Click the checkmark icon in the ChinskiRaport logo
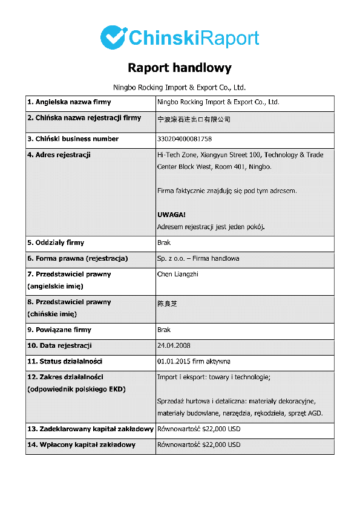[113, 37]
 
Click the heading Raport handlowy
[180, 68]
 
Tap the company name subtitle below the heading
[180, 87]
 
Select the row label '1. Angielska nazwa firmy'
[69, 102]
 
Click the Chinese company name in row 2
[194, 119]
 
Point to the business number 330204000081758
[185, 139]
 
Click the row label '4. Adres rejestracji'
[59, 155]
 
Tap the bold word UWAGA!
[171, 215]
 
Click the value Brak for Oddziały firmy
[164, 243]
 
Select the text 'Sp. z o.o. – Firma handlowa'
[198, 258]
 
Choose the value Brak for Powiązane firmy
[164, 330]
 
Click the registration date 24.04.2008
[174, 346]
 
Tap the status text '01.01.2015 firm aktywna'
[194, 362]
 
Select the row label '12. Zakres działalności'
[65, 377]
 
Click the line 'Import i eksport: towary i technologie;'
[214, 377]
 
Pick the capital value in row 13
[198, 429]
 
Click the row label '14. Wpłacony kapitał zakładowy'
[81, 445]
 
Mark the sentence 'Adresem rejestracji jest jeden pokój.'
[211, 227]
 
